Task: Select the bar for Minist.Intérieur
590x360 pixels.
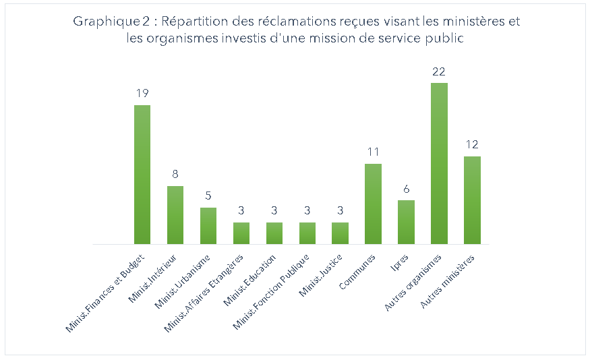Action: (x=175, y=214)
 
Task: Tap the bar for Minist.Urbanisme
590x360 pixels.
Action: (x=208, y=225)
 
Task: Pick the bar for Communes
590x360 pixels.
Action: (x=373, y=204)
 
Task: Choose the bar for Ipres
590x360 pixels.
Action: (x=406, y=222)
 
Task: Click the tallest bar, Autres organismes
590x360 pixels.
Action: (x=439, y=163)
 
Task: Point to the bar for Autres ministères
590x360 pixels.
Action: (x=472, y=200)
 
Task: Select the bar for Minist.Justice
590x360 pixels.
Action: (x=340, y=233)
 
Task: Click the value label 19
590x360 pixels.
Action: (x=142, y=93)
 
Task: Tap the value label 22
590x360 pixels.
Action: (x=439, y=71)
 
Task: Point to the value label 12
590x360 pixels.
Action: (x=472, y=145)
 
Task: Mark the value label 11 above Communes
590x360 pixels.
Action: (x=373, y=152)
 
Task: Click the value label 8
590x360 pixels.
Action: (x=175, y=174)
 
